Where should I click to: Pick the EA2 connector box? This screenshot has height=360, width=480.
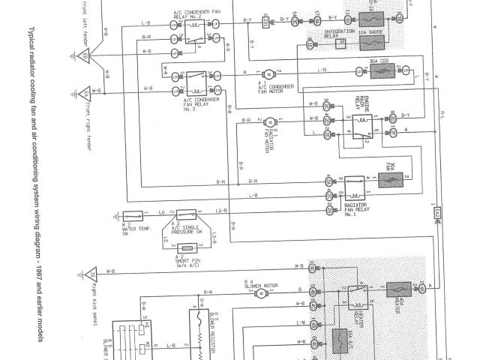coord(436,214)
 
